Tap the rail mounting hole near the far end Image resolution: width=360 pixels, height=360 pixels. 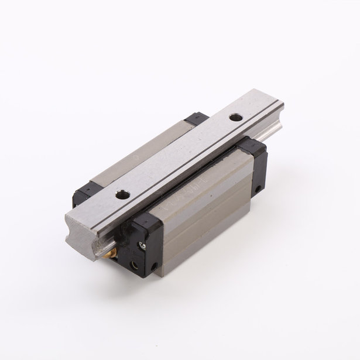coord(235,118)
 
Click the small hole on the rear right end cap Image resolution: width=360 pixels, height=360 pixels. coord(258,189)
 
